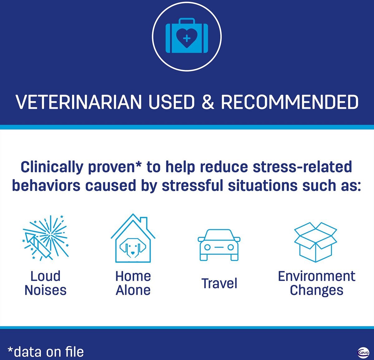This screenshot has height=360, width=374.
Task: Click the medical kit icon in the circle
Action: point(187,36)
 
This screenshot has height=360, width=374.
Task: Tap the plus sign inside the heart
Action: point(187,39)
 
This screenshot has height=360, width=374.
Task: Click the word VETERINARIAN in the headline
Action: point(79,102)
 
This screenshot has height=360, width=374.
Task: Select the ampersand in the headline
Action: point(208,102)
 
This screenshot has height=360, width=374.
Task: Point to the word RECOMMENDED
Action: point(290,102)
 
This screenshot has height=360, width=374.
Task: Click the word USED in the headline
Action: point(171,102)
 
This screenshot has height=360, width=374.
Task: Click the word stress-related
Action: point(302,167)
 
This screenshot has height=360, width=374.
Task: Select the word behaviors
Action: point(46,186)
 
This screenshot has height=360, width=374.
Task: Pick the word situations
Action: point(263,186)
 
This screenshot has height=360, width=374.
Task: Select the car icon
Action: point(219,245)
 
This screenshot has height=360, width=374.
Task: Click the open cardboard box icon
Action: point(316,242)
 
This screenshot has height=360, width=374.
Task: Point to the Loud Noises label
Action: point(46,283)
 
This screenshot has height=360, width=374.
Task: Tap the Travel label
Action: point(219,283)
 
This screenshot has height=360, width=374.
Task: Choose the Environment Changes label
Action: point(317,283)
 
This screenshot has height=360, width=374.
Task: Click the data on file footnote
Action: point(46,352)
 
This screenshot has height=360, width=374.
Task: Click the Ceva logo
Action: point(363,352)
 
